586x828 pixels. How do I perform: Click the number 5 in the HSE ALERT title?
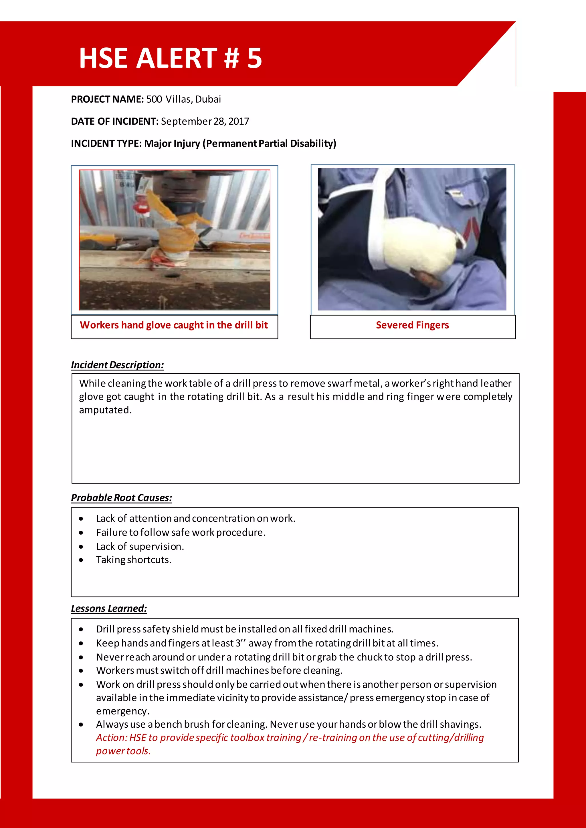[x=255, y=58]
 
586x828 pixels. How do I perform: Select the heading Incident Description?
[x=117, y=365]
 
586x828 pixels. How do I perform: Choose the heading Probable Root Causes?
[x=121, y=498]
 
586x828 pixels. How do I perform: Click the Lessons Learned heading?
[x=109, y=608]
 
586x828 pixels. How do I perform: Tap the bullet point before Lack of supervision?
[x=81, y=547]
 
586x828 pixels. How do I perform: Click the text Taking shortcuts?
[x=134, y=560]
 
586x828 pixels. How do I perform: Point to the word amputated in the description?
[x=105, y=410]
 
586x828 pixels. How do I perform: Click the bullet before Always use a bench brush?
[x=81, y=724]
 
